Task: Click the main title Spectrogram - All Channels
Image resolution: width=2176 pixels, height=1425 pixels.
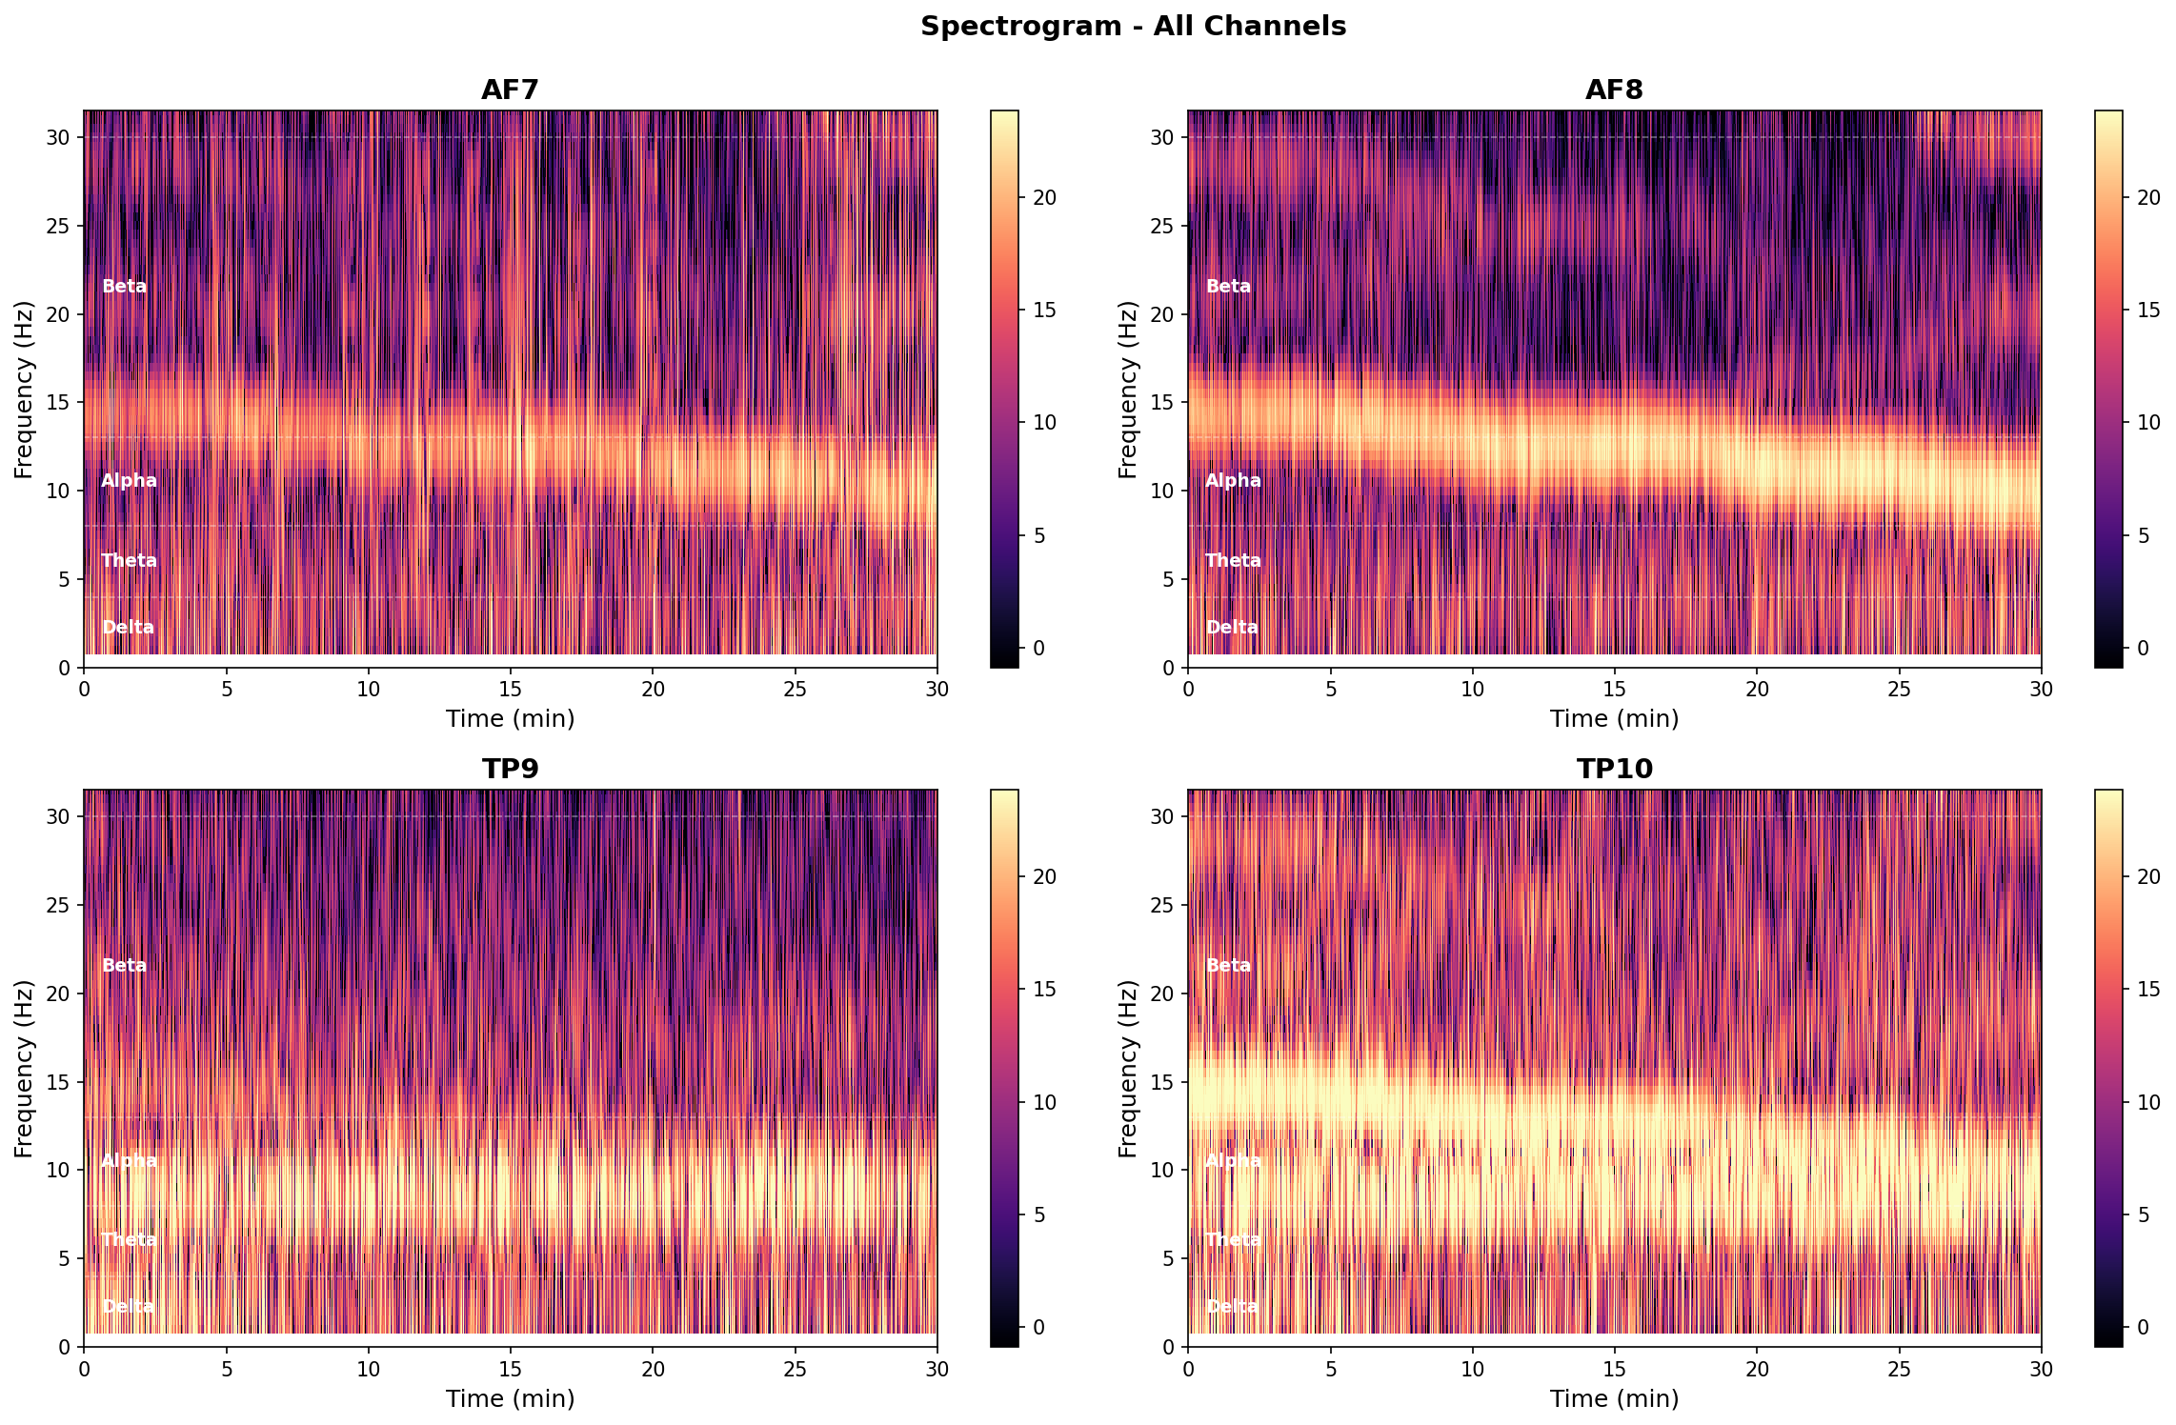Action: [x=1133, y=27]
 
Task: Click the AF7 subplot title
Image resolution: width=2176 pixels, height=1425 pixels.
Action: [x=510, y=90]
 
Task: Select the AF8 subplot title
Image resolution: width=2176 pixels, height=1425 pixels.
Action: [x=1614, y=90]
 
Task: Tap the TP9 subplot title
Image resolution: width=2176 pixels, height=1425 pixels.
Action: [x=510, y=769]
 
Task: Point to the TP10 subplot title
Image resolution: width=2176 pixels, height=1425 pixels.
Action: [x=1614, y=769]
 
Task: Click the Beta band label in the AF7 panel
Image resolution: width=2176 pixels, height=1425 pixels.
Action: [x=124, y=287]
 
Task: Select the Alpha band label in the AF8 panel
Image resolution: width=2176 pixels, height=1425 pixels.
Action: [x=1233, y=481]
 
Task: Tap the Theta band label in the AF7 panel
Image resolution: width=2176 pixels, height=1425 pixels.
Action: [x=129, y=561]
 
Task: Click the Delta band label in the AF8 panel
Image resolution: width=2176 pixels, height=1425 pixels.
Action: [x=1232, y=628]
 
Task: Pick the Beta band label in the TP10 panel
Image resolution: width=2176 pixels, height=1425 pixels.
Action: [x=1228, y=966]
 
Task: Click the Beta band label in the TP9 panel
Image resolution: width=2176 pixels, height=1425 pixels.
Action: [x=124, y=966]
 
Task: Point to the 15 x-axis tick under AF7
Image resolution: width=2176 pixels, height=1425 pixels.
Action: [x=511, y=689]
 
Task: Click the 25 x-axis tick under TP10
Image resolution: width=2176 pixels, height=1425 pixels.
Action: [x=1900, y=1368]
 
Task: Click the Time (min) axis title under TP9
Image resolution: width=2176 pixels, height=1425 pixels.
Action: [x=510, y=1398]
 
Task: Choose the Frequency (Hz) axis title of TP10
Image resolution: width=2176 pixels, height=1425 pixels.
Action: [x=1128, y=1068]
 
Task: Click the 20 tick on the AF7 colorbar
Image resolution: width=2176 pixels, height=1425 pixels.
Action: [x=1044, y=198]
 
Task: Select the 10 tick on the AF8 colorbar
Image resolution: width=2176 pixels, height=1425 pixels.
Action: [x=2148, y=423]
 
